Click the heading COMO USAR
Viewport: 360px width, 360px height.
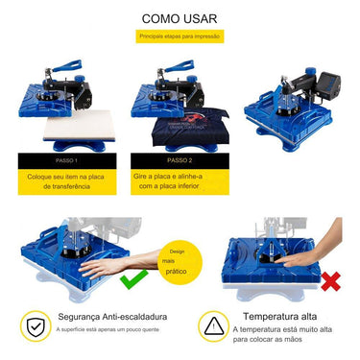[x=179, y=17]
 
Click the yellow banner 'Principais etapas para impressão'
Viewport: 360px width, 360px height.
[x=179, y=36]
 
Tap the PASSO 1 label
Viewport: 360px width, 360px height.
[x=67, y=160]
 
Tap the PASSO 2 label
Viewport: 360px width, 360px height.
[x=180, y=160]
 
